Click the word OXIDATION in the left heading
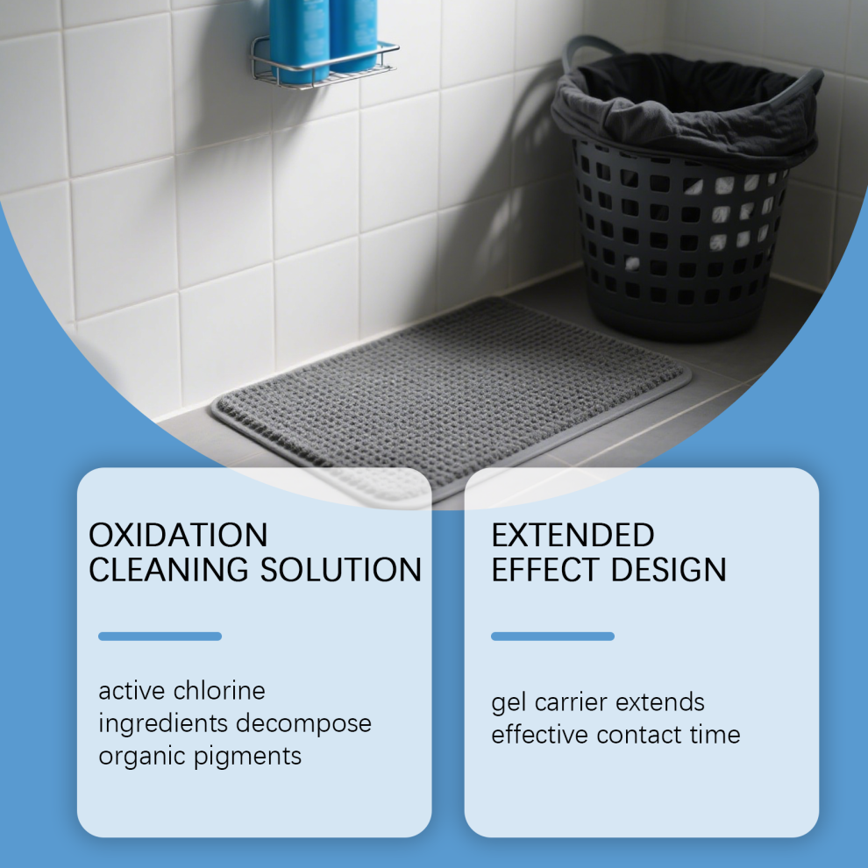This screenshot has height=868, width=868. (178, 535)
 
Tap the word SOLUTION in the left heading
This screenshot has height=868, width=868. (341, 570)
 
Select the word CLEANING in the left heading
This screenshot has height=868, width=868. (169, 570)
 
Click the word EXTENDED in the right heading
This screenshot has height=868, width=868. (573, 535)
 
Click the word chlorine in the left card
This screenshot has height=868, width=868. (219, 690)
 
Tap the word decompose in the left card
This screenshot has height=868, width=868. (303, 724)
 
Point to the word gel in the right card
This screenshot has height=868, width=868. (509, 703)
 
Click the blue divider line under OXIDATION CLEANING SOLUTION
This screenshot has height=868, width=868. (160, 637)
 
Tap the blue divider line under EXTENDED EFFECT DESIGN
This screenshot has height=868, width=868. (552, 637)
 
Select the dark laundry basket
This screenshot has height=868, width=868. (684, 189)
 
